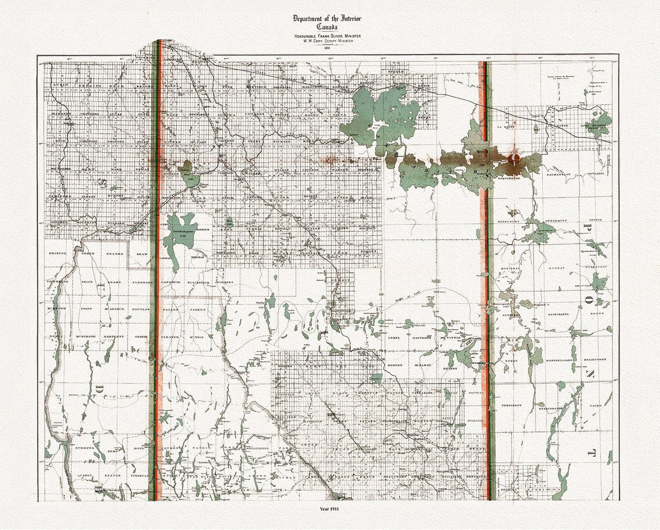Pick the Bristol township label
pos(57,253)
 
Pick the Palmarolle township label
pos(558,174)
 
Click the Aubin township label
pos(59,86)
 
